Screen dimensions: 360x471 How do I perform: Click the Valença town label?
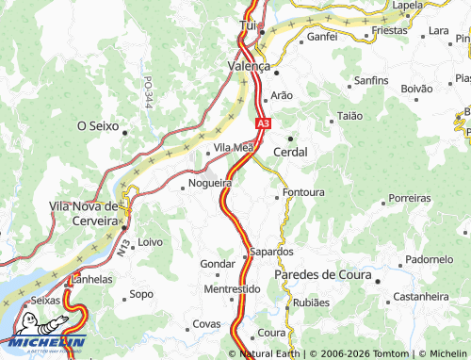click(249, 67)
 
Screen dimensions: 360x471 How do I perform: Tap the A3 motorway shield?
click(263, 122)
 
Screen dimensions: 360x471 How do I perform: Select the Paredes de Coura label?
click(320, 274)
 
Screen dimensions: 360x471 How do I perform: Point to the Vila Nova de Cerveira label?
click(83, 213)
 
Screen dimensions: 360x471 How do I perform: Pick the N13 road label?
click(123, 248)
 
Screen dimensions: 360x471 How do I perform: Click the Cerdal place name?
click(290, 151)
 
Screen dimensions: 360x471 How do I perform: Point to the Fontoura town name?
click(303, 192)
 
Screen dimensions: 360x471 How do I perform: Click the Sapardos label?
click(272, 253)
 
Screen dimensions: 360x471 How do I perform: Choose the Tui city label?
click(249, 25)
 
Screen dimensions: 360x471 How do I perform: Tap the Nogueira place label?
click(210, 183)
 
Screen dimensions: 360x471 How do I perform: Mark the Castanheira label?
click(420, 296)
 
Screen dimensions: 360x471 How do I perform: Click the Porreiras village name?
click(409, 199)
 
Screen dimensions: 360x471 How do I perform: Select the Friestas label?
click(389, 30)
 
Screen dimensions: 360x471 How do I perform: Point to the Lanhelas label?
click(90, 279)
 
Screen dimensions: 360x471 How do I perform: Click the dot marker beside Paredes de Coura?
click(375, 280)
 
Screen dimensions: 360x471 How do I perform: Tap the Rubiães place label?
click(312, 303)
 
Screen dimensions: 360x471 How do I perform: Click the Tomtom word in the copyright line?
click(385, 353)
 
